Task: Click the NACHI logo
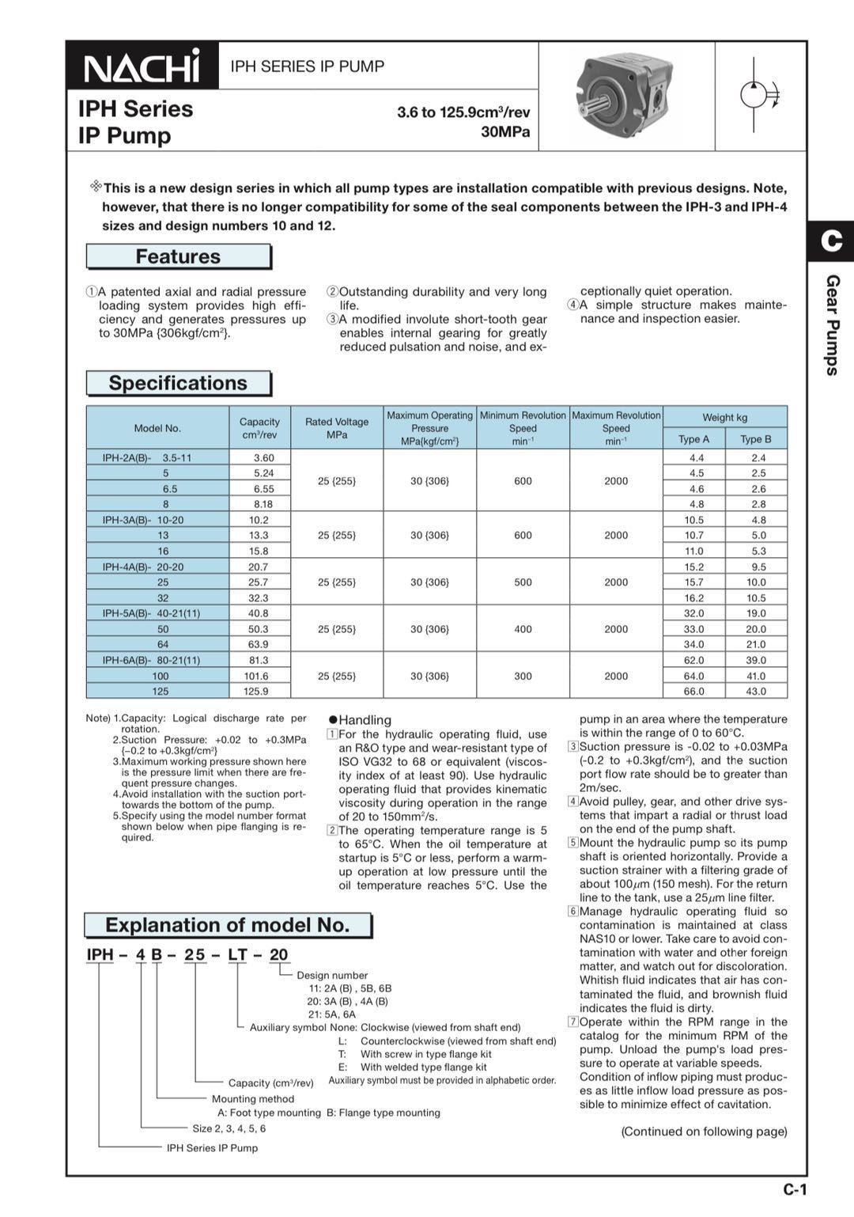point(142,66)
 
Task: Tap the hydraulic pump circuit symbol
point(759,95)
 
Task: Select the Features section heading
point(178,257)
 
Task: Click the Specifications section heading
point(178,384)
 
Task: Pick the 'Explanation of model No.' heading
point(227,926)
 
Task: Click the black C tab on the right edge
point(831,240)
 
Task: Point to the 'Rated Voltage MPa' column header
point(337,428)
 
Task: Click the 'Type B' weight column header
point(756,439)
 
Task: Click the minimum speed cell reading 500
point(523,582)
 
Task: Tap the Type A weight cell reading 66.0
point(693,692)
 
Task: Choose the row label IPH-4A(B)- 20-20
point(143,567)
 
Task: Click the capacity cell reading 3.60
point(263,458)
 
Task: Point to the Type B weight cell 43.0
point(756,692)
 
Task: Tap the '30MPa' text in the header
point(505,132)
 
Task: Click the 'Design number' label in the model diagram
point(332,976)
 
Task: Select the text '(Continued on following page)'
point(704,1132)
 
